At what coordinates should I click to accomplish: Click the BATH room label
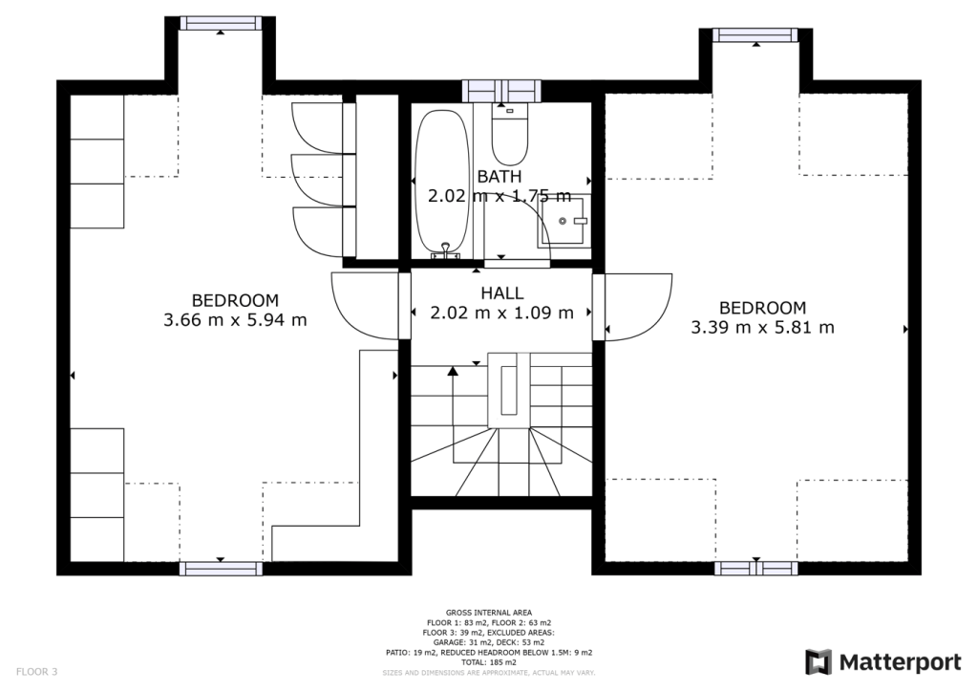[x=500, y=177]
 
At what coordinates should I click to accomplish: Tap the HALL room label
[x=501, y=292]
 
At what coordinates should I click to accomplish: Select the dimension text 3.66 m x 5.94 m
[x=235, y=320]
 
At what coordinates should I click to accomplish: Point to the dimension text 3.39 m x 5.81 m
[x=762, y=328]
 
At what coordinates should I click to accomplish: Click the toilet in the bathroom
[x=509, y=136]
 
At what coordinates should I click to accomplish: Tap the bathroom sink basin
[x=567, y=221]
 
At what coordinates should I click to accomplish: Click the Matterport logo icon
[x=819, y=662]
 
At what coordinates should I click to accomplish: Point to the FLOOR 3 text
[x=37, y=672]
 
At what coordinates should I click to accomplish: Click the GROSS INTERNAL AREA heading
[x=488, y=613]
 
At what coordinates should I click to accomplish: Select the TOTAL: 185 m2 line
[x=488, y=662]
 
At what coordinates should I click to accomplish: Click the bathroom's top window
[x=501, y=91]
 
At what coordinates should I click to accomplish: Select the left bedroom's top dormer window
[x=221, y=24]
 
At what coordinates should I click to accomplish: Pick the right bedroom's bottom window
[x=755, y=568]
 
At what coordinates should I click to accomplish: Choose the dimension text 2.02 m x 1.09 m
[x=501, y=313]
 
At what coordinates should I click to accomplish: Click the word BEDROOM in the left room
[x=235, y=300]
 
